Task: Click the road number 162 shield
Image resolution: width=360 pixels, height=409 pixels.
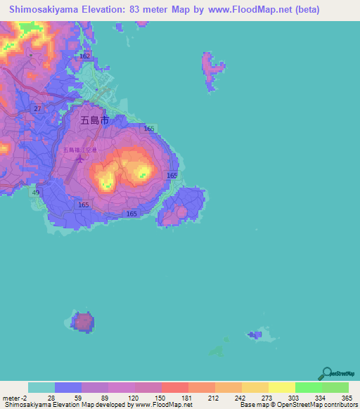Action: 85,56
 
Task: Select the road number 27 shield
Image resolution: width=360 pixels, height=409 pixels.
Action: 37,108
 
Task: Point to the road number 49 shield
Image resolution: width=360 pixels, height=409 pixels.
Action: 36,192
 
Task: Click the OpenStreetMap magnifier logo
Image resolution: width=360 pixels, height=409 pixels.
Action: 326,373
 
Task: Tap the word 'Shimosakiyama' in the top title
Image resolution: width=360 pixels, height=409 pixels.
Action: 43,10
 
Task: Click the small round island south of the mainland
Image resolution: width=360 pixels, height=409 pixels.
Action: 84,323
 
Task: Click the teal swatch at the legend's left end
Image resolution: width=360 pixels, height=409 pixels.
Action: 41,387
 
